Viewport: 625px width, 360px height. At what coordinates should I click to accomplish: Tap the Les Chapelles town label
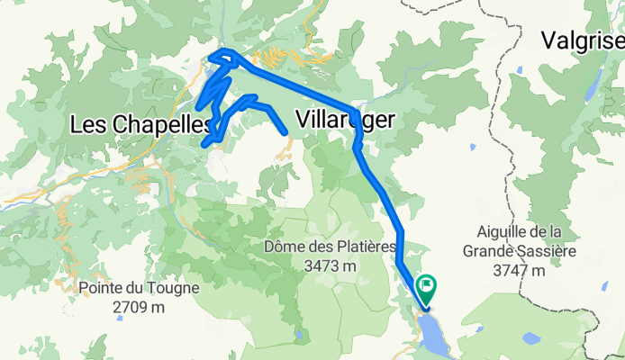pyautogui.click(x=141, y=125)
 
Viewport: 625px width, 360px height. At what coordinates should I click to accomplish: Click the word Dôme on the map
pyautogui.click(x=285, y=247)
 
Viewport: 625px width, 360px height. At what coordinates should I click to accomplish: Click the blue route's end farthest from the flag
pyautogui.click(x=286, y=133)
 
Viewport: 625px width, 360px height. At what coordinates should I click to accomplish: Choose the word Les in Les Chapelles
pyautogui.click(x=87, y=125)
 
